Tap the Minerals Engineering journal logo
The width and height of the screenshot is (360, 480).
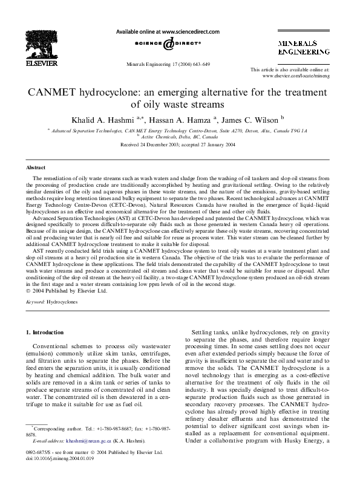(303, 48)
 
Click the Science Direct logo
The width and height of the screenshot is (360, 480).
(168, 45)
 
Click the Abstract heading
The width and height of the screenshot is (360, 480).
(35, 167)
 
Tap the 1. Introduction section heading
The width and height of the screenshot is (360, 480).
(46, 332)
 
